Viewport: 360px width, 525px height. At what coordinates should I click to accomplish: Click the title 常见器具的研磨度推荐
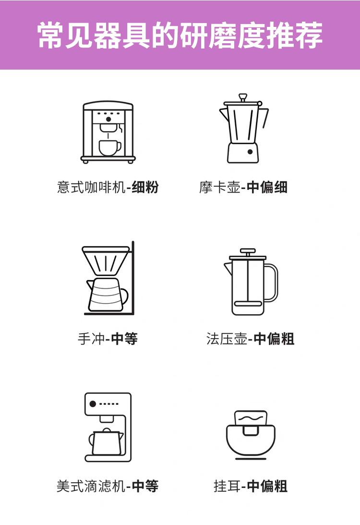(180, 35)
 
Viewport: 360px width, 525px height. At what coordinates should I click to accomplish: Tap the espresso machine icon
(108, 132)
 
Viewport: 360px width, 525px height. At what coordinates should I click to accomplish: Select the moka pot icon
(243, 129)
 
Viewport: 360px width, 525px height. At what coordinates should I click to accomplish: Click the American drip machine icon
(108, 427)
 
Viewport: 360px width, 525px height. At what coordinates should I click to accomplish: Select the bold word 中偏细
(267, 187)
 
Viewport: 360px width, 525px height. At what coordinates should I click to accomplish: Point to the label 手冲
(91, 339)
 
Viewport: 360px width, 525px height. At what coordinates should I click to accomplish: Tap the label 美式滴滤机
(91, 486)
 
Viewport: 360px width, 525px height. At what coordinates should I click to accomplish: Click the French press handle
(272, 283)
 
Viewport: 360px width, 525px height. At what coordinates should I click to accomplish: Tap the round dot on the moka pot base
(250, 152)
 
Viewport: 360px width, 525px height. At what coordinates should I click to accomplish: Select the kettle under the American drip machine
(106, 442)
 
